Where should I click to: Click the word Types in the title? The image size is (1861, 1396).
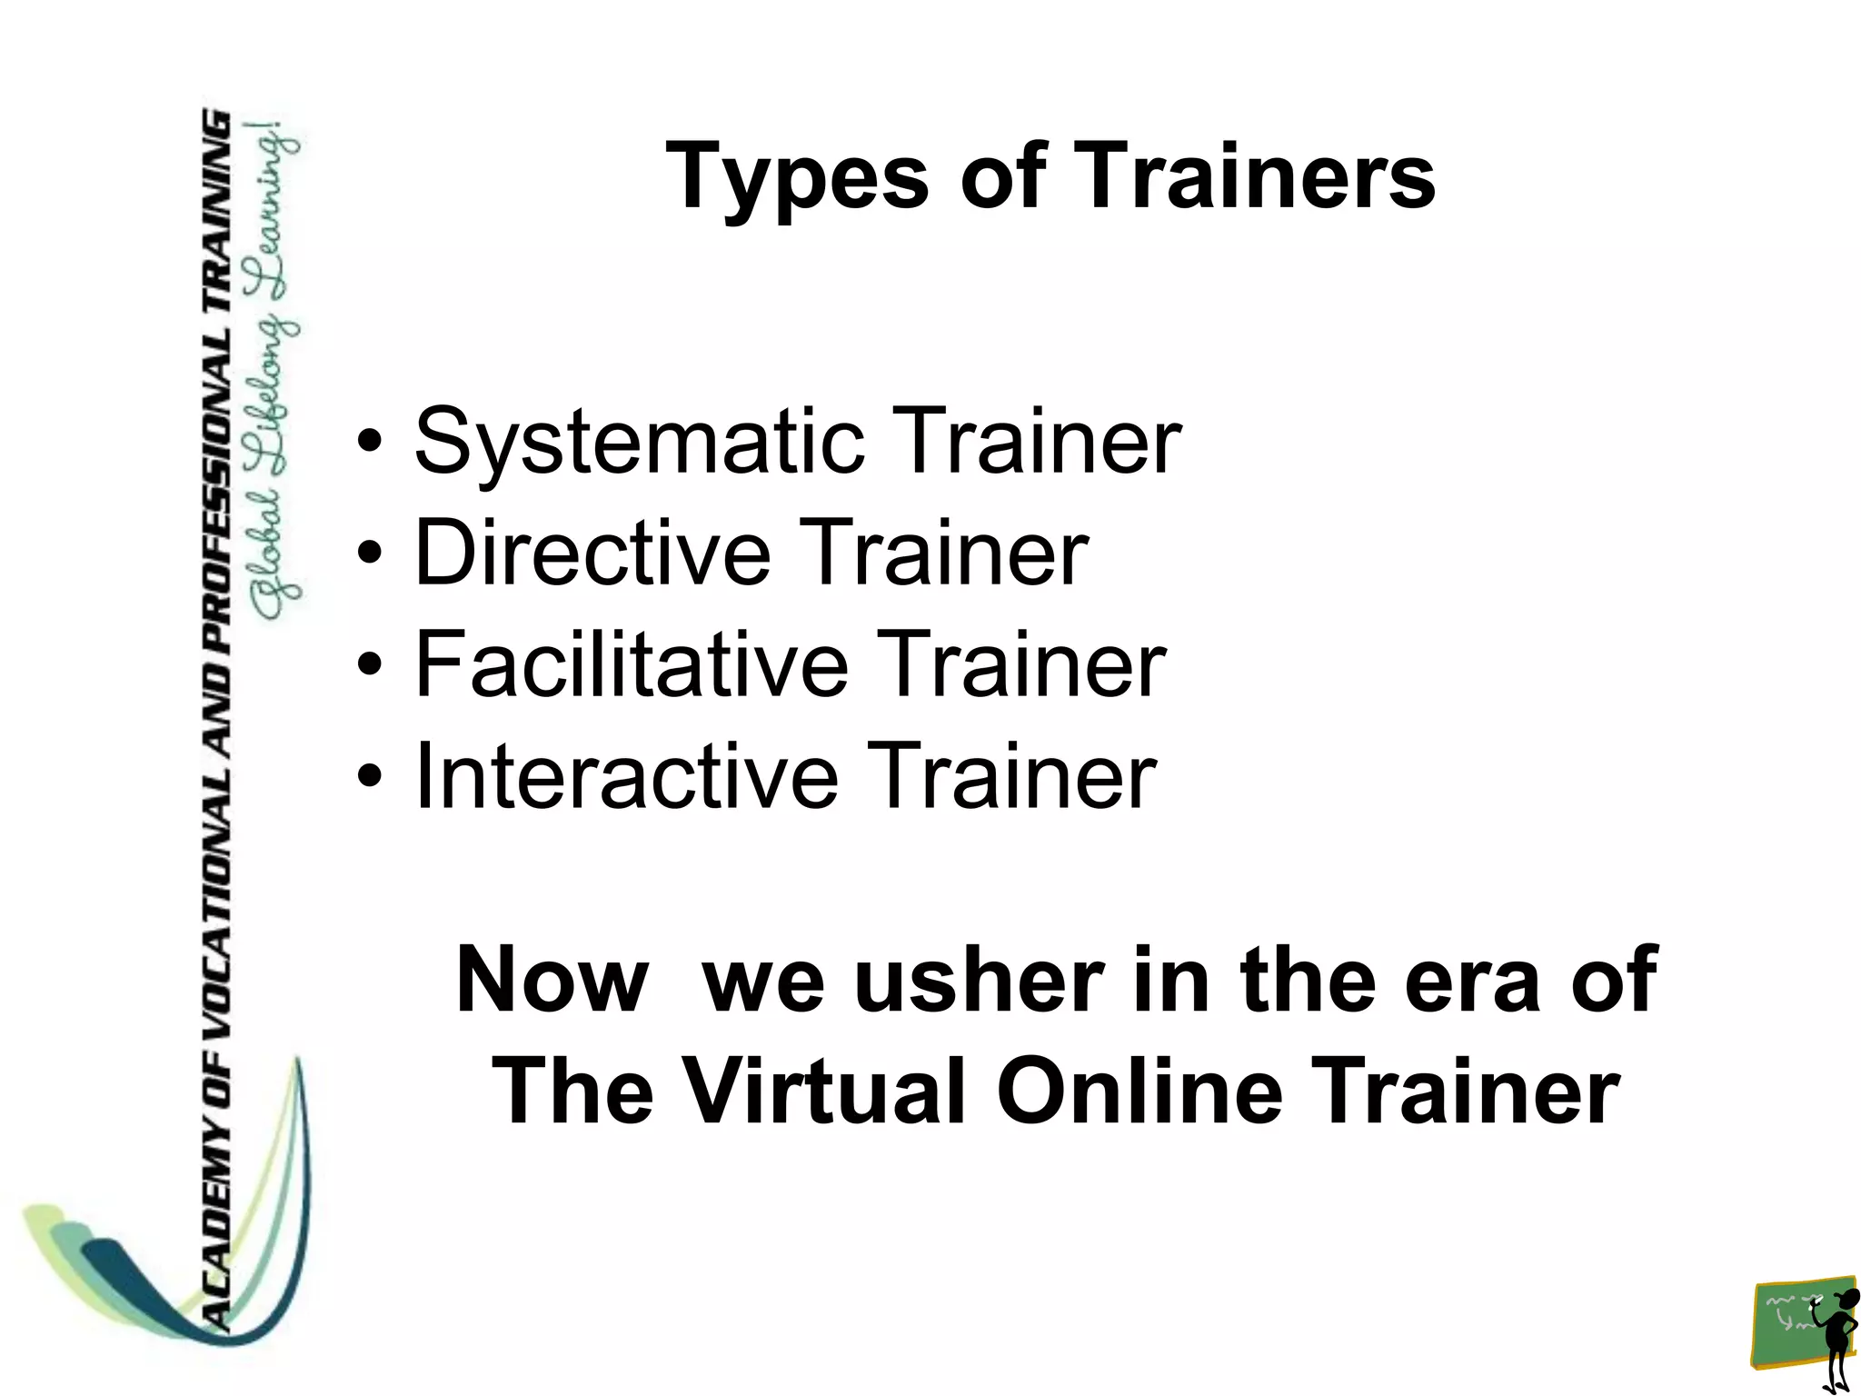797,176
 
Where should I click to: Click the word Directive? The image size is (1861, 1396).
592,553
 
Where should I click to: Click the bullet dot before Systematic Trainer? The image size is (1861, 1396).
368,443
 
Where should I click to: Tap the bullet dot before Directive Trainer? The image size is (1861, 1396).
368,553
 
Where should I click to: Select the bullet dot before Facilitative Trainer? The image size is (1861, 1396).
368,665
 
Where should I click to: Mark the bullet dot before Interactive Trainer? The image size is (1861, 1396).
368,777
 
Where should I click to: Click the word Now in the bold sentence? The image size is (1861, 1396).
552,981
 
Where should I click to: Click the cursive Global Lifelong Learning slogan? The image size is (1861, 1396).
277,373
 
